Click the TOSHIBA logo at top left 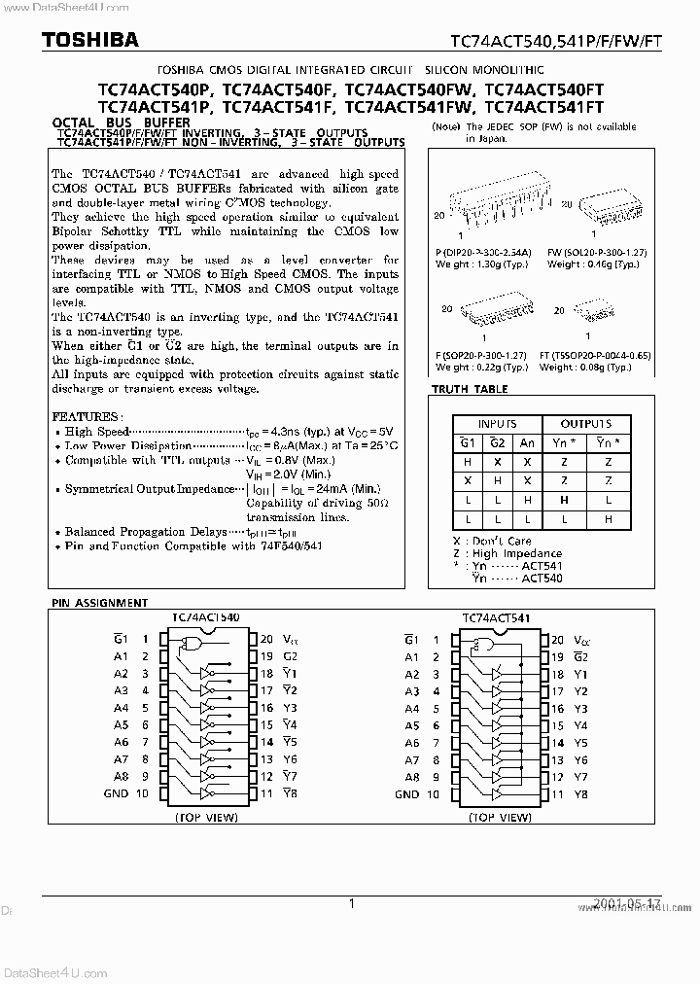76,40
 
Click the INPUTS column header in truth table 497,424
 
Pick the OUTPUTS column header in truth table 585,424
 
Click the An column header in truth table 527,442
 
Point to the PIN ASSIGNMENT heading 95,603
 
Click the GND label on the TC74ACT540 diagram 116,793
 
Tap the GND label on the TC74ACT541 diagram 407,793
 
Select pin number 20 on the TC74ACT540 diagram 265,639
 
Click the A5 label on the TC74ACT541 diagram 412,725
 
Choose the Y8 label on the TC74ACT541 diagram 580,793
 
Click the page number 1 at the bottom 351,903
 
